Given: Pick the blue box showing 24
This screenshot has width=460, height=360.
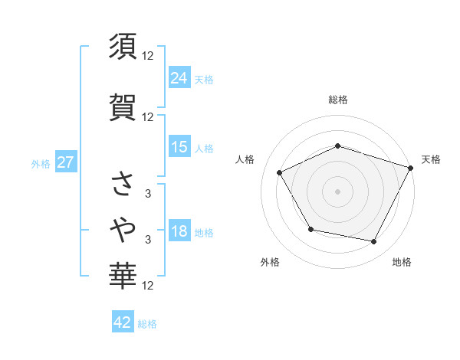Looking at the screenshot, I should [x=179, y=77].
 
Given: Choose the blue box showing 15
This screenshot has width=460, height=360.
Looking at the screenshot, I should [x=179, y=147].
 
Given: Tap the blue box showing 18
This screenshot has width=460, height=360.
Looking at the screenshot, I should [x=179, y=231].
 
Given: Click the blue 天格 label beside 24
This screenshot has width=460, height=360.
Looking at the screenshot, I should [x=204, y=79].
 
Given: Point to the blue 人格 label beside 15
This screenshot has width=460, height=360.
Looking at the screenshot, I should [x=204, y=149].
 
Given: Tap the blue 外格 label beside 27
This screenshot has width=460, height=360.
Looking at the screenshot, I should [x=41, y=164].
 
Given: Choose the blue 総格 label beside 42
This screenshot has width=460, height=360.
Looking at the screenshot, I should [x=147, y=324].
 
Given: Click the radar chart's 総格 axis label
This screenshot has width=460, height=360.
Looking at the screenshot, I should [x=338, y=100].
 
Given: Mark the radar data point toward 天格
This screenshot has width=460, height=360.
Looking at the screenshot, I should [x=412, y=167].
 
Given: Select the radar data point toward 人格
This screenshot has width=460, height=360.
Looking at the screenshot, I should [x=280, y=172].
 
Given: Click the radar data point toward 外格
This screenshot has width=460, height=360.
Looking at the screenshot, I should [x=310, y=229].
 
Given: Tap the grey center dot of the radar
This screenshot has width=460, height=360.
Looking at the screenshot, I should [x=338, y=191].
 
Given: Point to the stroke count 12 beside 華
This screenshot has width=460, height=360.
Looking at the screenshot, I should [x=149, y=286].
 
